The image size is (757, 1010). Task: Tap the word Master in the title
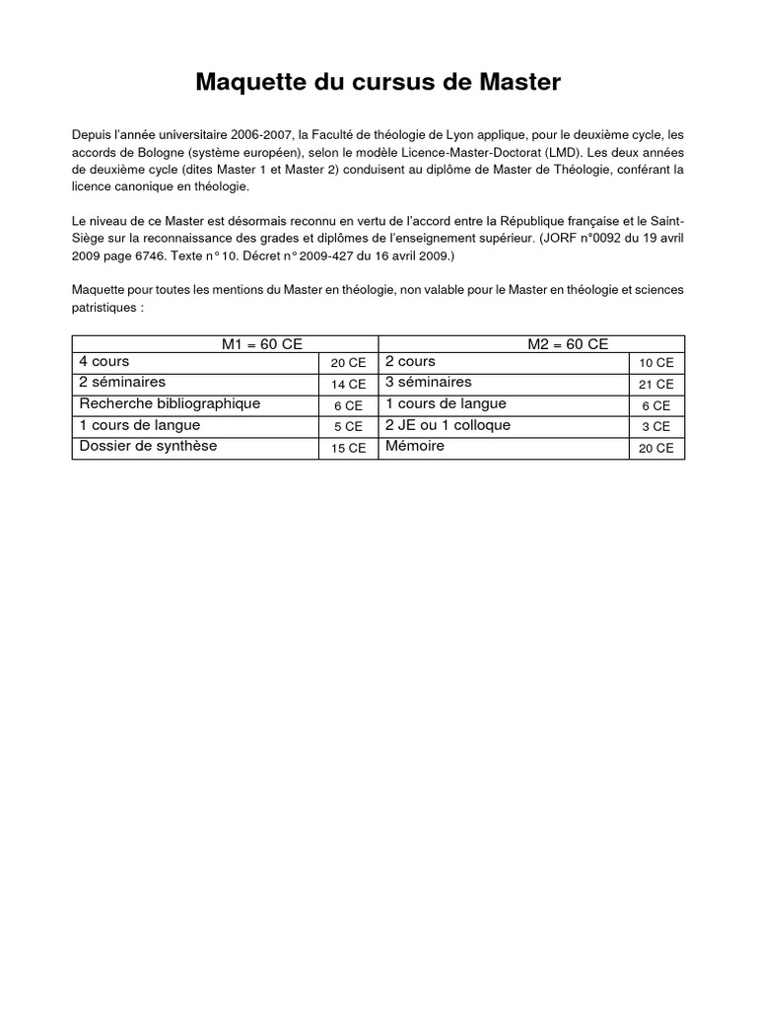tap(519, 83)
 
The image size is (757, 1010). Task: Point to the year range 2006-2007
tap(259, 134)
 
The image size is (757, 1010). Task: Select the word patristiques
tap(105, 307)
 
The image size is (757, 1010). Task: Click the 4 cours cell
tap(103, 362)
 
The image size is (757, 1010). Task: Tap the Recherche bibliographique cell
tap(170, 403)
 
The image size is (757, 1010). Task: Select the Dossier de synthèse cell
tap(148, 446)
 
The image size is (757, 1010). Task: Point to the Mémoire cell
tap(415, 446)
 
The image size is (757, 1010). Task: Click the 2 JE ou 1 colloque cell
tap(448, 425)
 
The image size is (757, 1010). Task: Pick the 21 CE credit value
tap(656, 384)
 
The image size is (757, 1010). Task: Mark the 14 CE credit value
tap(348, 384)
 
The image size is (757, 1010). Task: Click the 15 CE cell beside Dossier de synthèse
tap(348, 448)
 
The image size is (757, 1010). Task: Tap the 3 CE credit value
tap(656, 426)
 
